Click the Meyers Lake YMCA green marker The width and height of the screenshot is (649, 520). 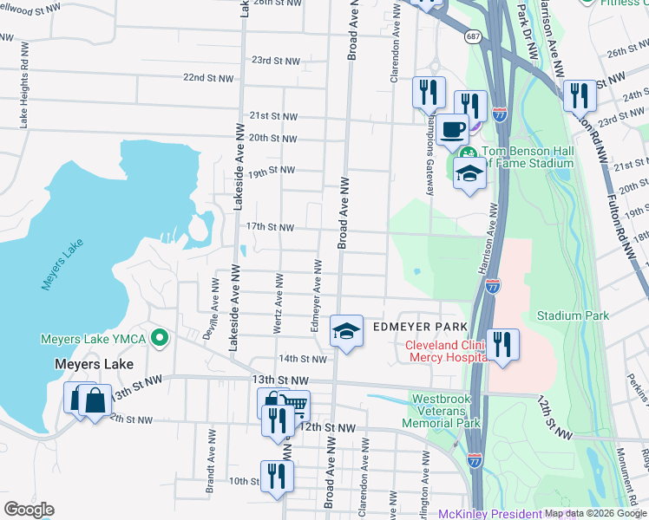(159, 337)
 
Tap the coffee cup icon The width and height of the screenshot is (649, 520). (451, 130)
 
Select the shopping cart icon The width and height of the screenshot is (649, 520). (294, 405)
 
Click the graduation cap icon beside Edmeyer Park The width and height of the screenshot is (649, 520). (346, 330)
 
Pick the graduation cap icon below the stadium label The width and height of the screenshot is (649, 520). (469, 172)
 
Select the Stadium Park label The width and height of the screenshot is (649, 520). (573, 316)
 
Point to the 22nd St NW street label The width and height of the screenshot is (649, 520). (208, 78)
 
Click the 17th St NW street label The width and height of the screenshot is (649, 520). (271, 227)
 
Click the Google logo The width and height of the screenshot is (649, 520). (29, 510)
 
